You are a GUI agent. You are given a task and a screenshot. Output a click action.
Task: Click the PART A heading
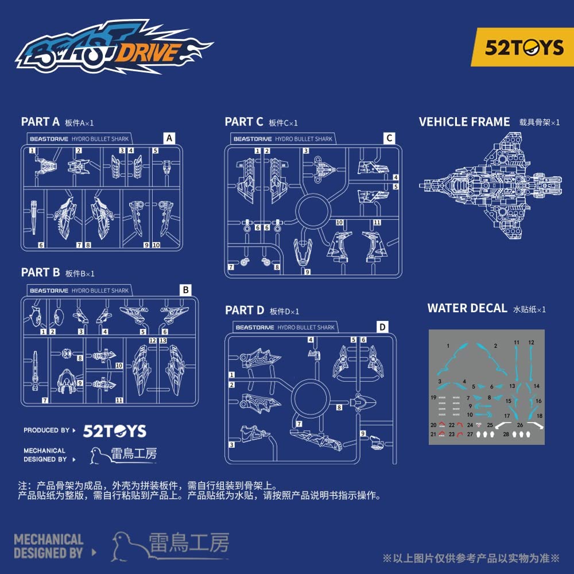[40, 122]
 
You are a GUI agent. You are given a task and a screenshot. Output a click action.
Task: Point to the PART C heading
[244, 122]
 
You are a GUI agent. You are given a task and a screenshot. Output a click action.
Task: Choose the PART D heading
[245, 311]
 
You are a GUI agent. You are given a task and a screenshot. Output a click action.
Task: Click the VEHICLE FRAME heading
[464, 122]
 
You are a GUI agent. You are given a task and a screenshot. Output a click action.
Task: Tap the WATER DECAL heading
[467, 308]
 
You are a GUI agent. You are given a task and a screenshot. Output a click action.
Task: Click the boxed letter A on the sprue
[169, 138]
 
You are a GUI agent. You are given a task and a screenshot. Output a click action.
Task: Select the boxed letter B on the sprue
[185, 290]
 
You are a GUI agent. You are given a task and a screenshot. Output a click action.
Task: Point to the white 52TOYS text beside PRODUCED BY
[115, 432]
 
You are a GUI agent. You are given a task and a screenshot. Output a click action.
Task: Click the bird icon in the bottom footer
[127, 545]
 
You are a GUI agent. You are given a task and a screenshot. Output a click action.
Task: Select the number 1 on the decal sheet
[448, 346]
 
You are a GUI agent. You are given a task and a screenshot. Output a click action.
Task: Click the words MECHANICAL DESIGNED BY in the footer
[48, 546]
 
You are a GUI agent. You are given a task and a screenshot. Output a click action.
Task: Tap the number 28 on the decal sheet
[506, 435]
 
